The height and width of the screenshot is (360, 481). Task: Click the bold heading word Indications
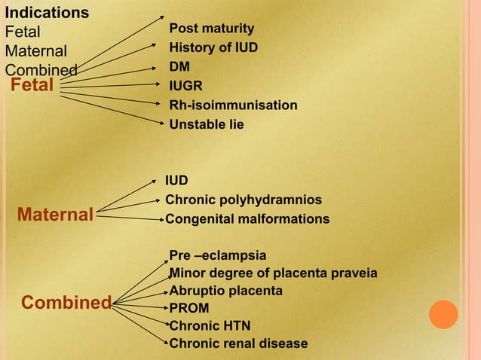pyautogui.click(x=47, y=13)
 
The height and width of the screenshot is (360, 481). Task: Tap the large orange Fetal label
pyautogui.click(x=32, y=85)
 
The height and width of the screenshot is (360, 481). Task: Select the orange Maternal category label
pyautogui.click(x=56, y=216)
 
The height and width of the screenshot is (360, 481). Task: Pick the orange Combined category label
pyautogui.click(x=66, y=303)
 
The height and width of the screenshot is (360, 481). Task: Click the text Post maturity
pyautogui.click(x=211, y=29)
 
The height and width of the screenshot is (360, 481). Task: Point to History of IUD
pyautogui.click(x=213, y=47)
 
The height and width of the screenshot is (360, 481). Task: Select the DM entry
pyautogui.click(x=179, y=66)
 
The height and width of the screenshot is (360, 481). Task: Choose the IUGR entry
pyautogui.click(x=185, y=86)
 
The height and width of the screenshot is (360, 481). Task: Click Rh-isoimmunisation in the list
pyautogui.click(x=233, y=105)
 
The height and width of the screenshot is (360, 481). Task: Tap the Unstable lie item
pyautogui.click(x=207, y=124)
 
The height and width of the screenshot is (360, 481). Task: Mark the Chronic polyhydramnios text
pyautogui.click(x=244, y=200)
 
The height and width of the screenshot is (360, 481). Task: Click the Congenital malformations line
pyautogui.click(x=247, y=219)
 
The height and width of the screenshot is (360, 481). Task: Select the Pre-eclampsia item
pyautogui.click(x=218, y=256)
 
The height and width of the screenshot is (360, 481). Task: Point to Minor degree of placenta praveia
pyautogui.click(x=274, y=273)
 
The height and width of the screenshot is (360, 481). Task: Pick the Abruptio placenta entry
pyautogui.click(x=226, y=290)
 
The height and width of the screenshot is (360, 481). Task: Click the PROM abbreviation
pyautogui.click(x=189, y=308)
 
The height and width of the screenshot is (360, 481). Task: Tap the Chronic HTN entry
pyautogui.click(x=210, y=325)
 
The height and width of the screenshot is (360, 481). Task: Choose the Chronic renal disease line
pyautogui.click(x=238, y=343)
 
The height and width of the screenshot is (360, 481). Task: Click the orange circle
pyautogui.click(x=443, y=314)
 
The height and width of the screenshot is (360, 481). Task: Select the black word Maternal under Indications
pyautogui.click(x=36, y=52)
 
